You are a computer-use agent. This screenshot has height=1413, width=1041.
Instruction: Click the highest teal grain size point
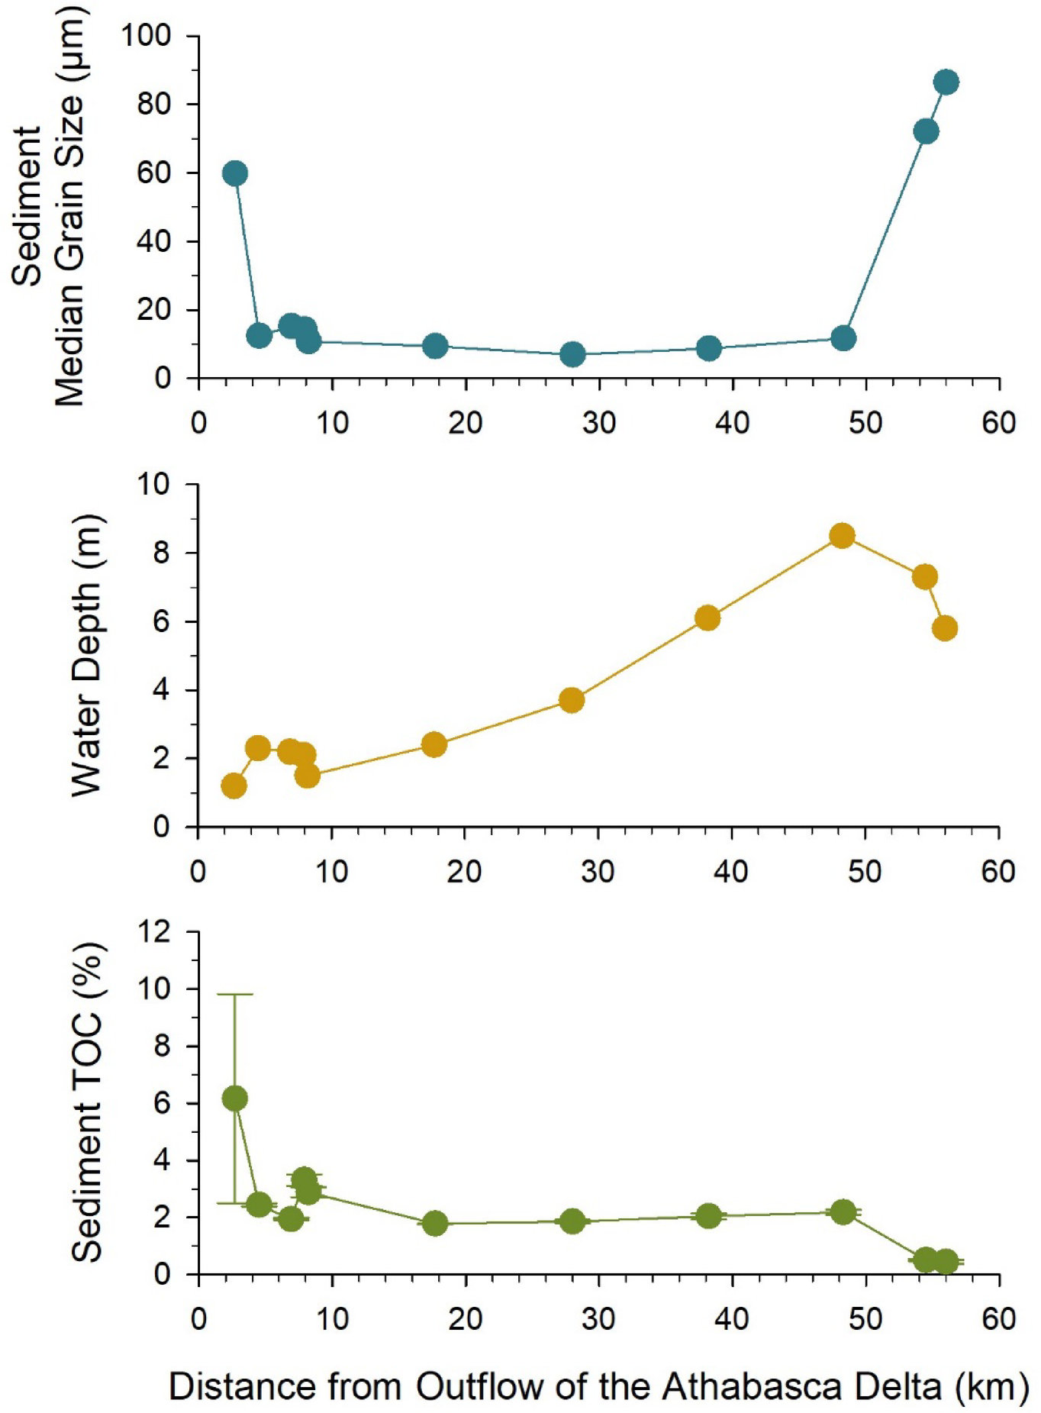click(x=946, y=82)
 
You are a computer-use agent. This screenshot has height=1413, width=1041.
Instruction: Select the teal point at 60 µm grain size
click(x=235, y=173)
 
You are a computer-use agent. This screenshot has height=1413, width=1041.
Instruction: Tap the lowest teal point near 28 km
click(x=572, y=354)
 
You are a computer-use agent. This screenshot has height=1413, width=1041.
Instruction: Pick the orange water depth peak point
click(x=842, y=535)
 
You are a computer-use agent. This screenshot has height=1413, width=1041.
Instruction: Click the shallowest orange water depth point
click(x=234, y=786)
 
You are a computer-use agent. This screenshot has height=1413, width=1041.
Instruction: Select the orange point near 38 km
click(x=707, y=618)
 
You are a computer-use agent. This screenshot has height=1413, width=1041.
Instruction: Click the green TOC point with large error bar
click(x=234, y=1098)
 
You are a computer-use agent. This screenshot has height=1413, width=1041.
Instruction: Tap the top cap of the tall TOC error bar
click(x=234, y=994)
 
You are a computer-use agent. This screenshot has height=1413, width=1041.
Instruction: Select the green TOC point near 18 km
click(x=435, y=1223)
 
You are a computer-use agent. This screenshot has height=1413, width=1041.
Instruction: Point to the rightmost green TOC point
click(x=946, y=1262)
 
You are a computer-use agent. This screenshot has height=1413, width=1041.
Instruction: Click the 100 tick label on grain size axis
click(x=147, y=35)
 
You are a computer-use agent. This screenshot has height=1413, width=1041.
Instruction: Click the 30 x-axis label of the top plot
click(x=599, y=422)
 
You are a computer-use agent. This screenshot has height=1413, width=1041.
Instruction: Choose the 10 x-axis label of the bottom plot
click(x=332, y=1318)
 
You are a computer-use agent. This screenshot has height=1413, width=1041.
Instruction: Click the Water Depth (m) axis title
click(x=87, y=655)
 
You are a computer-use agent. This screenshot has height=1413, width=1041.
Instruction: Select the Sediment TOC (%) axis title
click(x=87, y=1102)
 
